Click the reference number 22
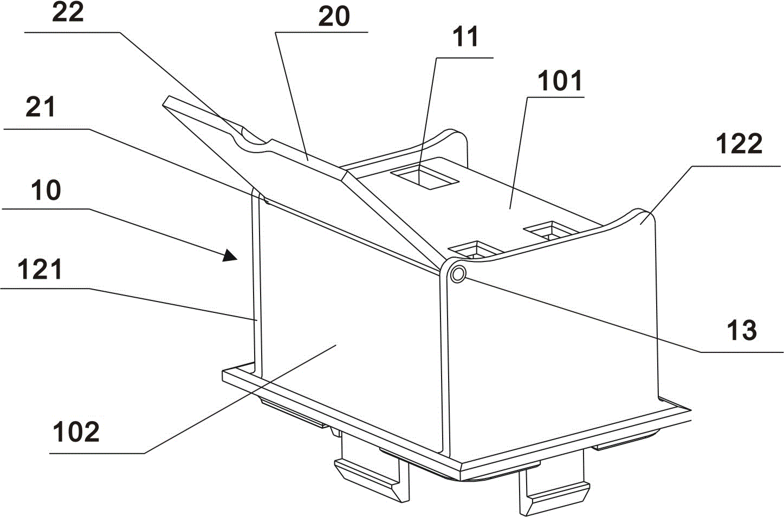point(68,13)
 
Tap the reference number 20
point(334,17)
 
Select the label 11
point(465,37)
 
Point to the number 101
point(560,81)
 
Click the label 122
point(739,144)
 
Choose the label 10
point(46,191)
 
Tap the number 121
point(40,269)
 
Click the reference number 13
point(742,330)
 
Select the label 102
point(76,432)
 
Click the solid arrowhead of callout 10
point(229,256)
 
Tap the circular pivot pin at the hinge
point(458,274)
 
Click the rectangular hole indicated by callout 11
point(424,178)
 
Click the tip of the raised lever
point(167,100)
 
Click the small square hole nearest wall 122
point(551,230)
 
